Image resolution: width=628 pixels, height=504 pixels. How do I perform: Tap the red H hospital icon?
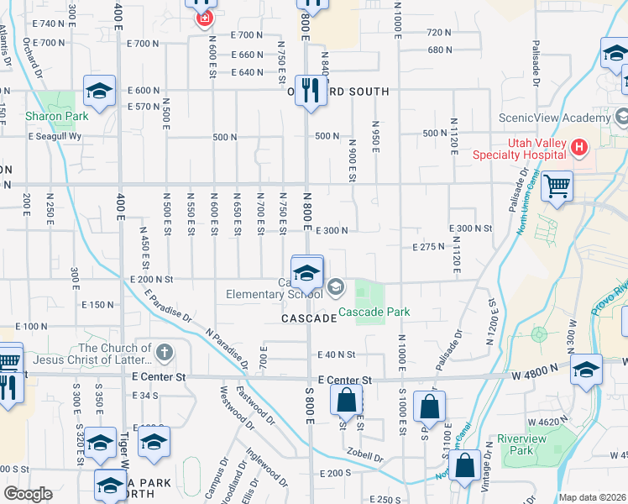click(578, 149)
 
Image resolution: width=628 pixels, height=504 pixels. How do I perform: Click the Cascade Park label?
click(374, 312)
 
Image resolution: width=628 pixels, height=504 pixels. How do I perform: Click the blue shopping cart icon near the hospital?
click(557, 186)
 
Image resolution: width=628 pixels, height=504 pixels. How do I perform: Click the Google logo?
click(29, 494)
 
